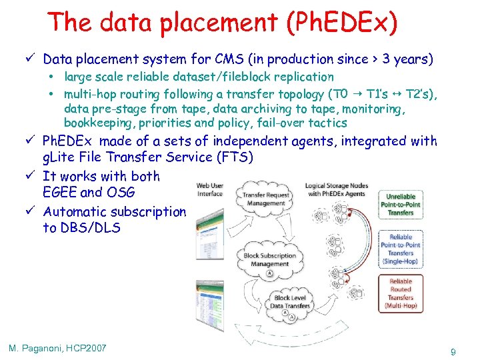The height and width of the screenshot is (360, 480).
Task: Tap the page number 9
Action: [x=453, y=351]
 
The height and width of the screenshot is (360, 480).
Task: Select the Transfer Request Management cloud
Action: [x=265, y=199]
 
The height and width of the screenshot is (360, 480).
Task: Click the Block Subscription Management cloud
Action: [x=269, y=259]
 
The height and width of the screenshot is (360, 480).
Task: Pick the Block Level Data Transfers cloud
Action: [x=290, y=301]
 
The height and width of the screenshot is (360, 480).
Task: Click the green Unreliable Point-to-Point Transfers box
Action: [x=400, y=203]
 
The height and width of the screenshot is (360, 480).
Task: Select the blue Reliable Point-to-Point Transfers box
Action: [x=400, y=249]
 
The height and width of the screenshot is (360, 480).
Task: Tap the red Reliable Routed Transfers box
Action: [x=400, y=293]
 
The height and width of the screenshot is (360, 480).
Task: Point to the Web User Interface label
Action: [x=210, y=189]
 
